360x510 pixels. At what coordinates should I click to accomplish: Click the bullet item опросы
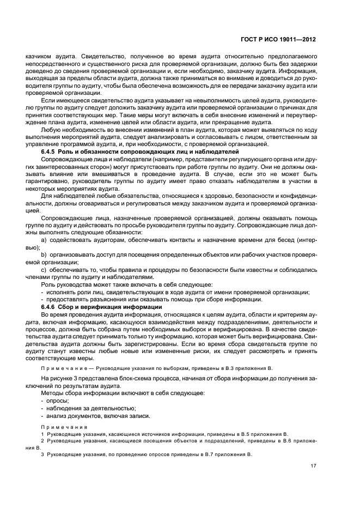[57, 400]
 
